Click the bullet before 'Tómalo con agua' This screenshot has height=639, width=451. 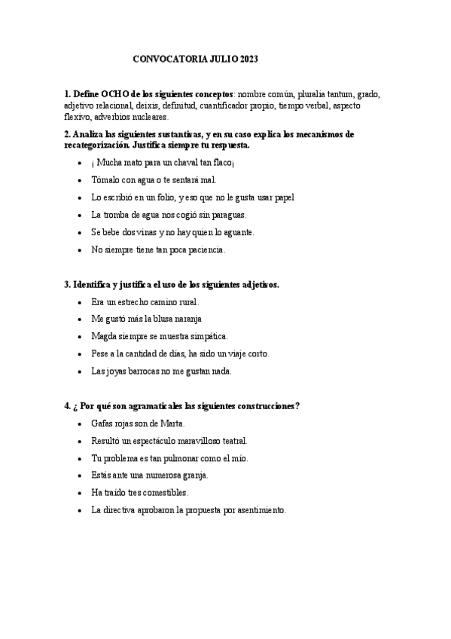coord(81,180)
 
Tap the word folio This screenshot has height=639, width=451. coord(159,197)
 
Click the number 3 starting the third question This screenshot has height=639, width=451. coord(67,284)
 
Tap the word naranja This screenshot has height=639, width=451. coord(185,319)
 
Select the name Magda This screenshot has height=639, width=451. coord(104,336)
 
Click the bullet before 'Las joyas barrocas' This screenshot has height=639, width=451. coord(81,371)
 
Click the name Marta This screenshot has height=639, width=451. coord(172,423)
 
